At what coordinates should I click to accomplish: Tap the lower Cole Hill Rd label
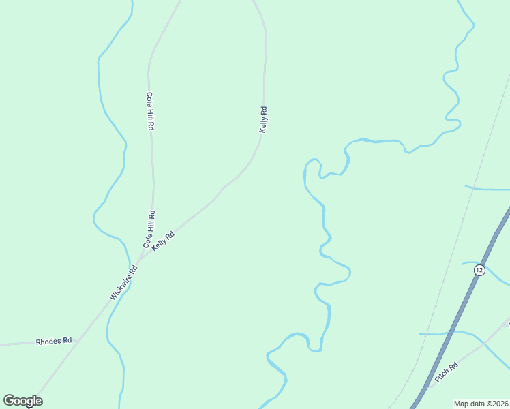tap(149, 229)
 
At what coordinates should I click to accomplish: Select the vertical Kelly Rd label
tap(263, 119)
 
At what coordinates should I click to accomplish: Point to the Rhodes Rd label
tap(54, 341)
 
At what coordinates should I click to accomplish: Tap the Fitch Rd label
tap(447, 372)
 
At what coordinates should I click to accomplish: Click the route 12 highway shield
tap(479, 271)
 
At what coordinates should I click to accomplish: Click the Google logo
tap(22, 401)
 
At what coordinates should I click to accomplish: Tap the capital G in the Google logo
tap(9, 401)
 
